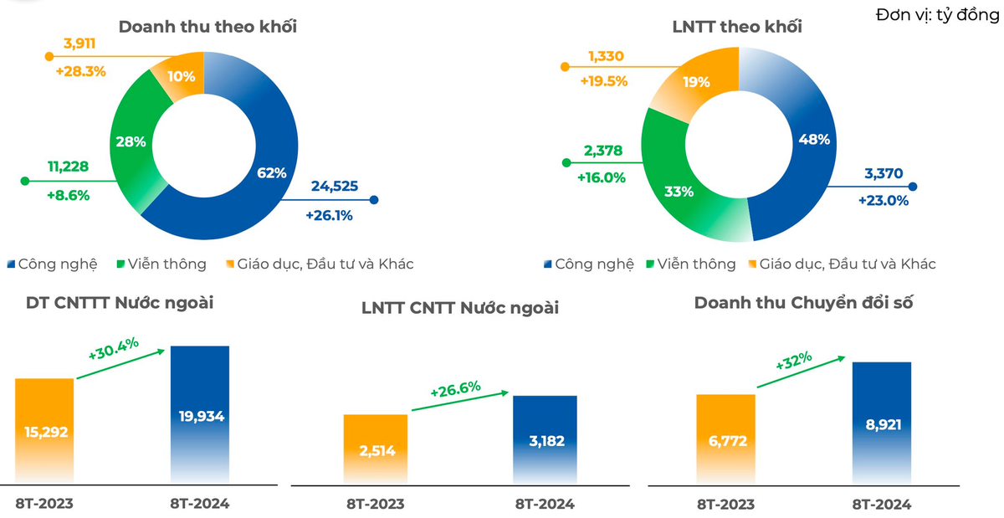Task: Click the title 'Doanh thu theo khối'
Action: tap(207, 27)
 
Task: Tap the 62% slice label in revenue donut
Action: tap(272, 172)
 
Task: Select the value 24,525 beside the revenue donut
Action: tap(335, 186)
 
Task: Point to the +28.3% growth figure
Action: tap(80, 71)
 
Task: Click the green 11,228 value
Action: tap(68, 167)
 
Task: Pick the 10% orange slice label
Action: tap(182, 77)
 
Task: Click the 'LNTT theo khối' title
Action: tap(737, 27)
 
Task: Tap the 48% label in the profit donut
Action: tap(814, 140)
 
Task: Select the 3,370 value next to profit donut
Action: tap(884, 173)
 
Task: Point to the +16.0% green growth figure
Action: tap(601, 178)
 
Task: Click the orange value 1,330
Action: tap(606, 56)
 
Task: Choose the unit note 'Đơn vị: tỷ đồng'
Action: tap(938, 15)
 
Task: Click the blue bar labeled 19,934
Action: tap(200, 414)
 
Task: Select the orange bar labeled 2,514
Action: tap(376, 449)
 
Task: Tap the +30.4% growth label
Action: tap(114, 349)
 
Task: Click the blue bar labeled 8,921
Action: tap(882, 423)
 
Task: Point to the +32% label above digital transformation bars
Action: tap(794, 361)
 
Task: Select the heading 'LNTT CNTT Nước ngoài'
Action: tap(460, 308)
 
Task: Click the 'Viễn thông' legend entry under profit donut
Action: tap(691, 264)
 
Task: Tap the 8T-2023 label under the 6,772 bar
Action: tap(725, 505)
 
